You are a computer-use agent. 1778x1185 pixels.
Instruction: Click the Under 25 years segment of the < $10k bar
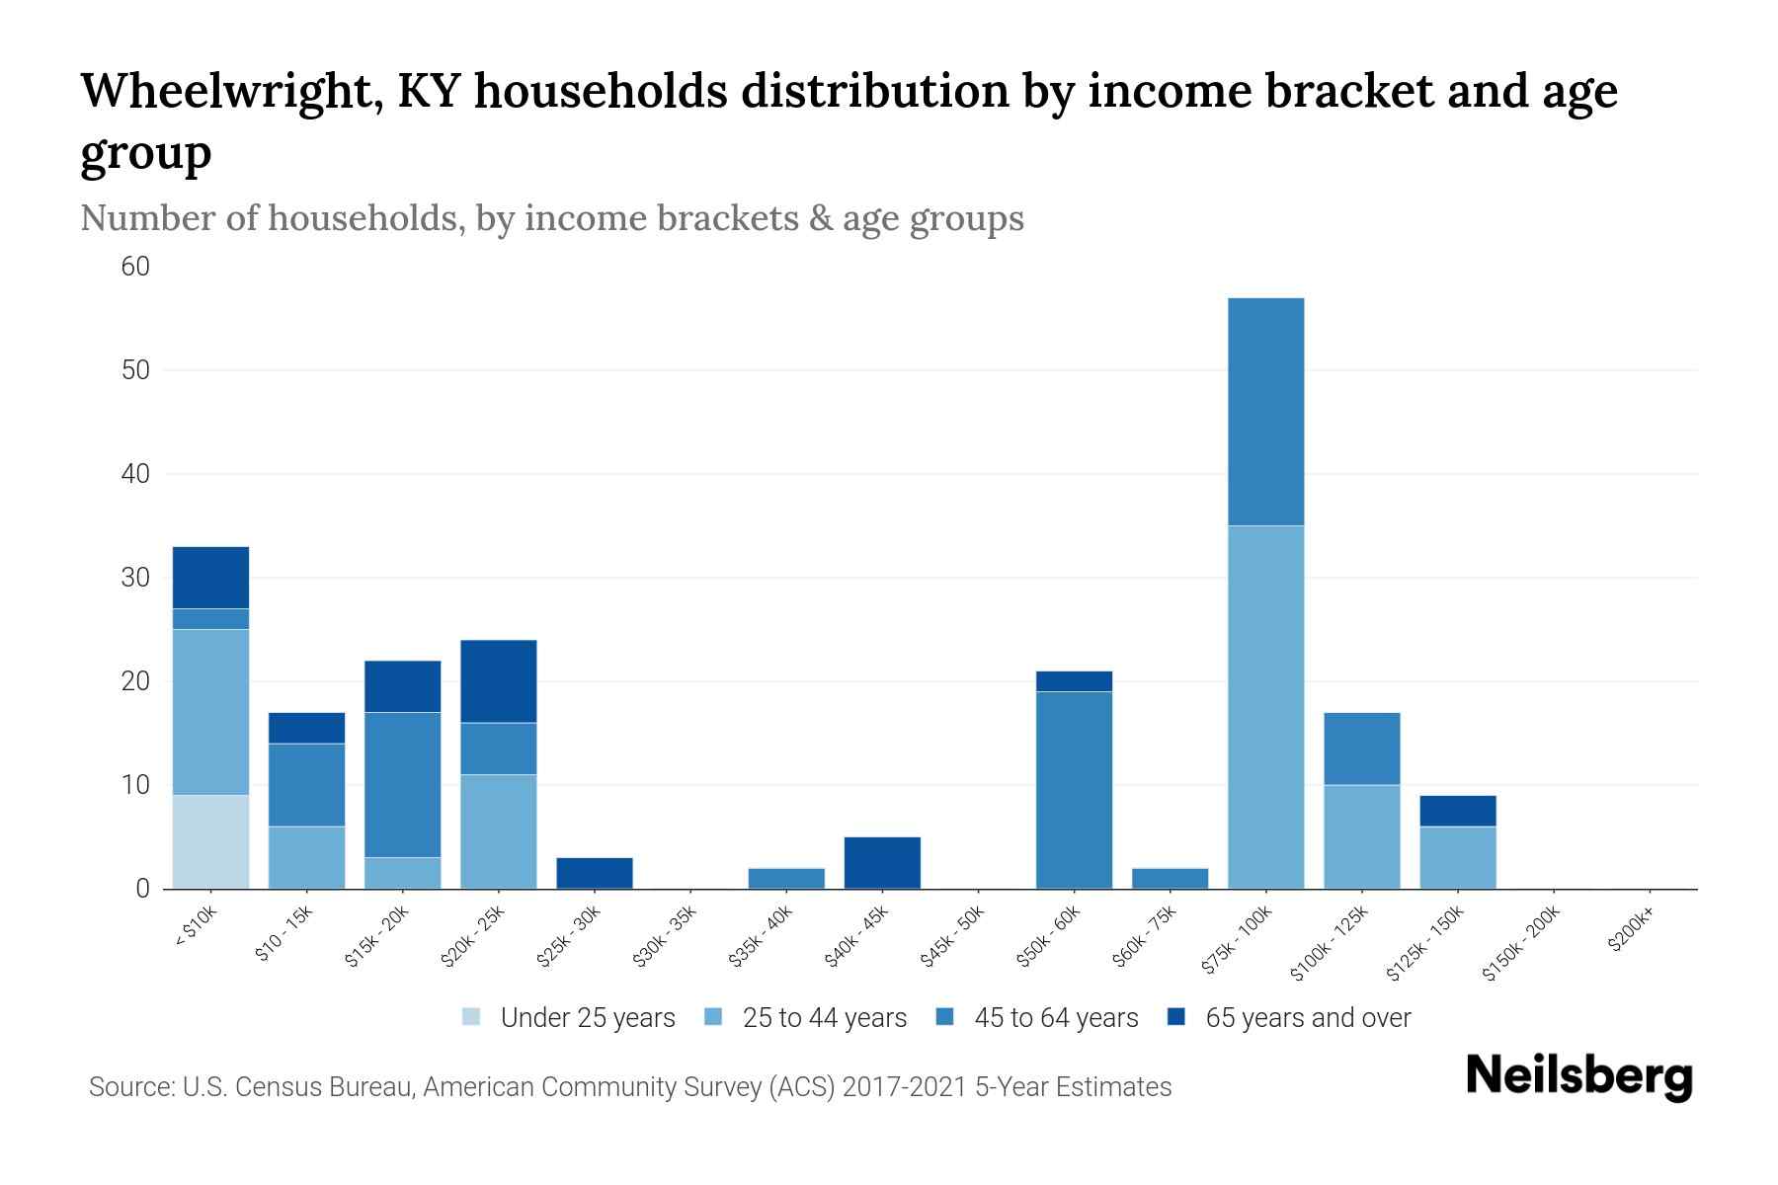click(x=210, y=841)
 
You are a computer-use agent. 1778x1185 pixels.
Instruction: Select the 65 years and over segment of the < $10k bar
click(x=210, y=578)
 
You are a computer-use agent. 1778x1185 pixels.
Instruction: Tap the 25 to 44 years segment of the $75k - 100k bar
click(x=1265, y=707)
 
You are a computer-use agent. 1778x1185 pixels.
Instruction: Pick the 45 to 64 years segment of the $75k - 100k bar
click(x=1265, y=412)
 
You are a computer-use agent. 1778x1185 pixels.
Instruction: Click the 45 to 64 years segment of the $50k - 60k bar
click(x=1074, y=790)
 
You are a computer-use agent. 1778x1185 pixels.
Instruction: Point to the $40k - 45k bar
click(x=882, y=863)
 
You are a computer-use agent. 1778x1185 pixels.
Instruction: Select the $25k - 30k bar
click(x=594, y=873)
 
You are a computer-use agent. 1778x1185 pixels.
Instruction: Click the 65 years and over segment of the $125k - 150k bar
click(x=1457, y=811)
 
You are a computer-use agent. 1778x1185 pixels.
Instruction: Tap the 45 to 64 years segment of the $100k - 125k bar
click(x=1361, y=749)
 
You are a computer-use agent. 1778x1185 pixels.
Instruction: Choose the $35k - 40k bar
click(x=786, y=878)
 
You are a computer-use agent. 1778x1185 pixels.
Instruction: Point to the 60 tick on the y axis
click(x=135, y=267)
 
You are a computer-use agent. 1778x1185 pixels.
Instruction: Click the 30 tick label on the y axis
click(x=135, y=578)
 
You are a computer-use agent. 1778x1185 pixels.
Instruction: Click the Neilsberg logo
click(x=1578, y=1076)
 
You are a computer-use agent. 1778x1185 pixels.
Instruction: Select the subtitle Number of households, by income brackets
click(x=551, y=218)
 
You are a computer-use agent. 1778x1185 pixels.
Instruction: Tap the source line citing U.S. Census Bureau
click(x=629, y=1087)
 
